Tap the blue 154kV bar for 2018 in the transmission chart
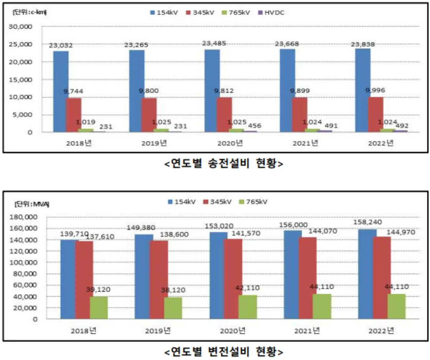point(61,91)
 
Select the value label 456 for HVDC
point(254,126)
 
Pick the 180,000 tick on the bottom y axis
point(24,217)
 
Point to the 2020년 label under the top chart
point(230,143)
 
